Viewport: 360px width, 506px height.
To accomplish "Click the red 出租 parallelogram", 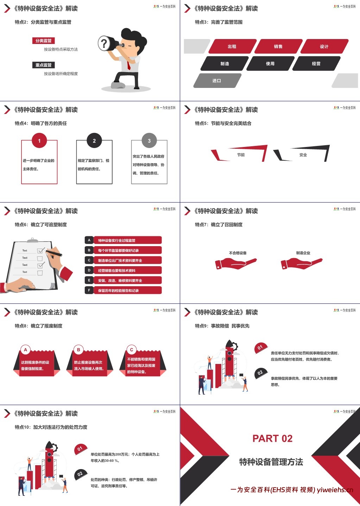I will pos(232,46).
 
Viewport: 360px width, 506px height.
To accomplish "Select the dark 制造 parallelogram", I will pos(225,64).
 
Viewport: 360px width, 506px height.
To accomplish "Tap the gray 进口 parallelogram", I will pos(217,81).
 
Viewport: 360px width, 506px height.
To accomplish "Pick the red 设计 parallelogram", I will pos(324,46).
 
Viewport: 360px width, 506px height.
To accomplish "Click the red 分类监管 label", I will pos(43,41).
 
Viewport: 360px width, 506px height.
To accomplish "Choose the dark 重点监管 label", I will pos(43,65).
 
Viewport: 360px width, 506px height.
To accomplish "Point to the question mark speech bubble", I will pos(104,44).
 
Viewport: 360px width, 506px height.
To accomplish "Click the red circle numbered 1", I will pos(39,141).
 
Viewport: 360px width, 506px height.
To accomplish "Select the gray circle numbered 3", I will pos(149,141).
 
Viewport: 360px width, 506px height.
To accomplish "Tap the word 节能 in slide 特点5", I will pos(241,155).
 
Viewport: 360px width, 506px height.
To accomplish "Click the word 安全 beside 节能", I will pos(303,155).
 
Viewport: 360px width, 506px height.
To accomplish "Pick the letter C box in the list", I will pos(89,260).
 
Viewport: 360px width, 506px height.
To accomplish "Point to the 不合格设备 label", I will pos(238,253).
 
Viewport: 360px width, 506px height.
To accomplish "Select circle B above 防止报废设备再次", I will pos(78,350).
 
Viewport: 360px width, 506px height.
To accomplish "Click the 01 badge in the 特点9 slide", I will pos(260,347).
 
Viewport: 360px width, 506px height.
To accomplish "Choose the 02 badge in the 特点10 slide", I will pos(80,474).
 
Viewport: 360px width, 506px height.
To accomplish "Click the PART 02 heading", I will pos(272,438).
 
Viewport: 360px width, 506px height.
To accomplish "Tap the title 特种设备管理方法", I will pos(271,462).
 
